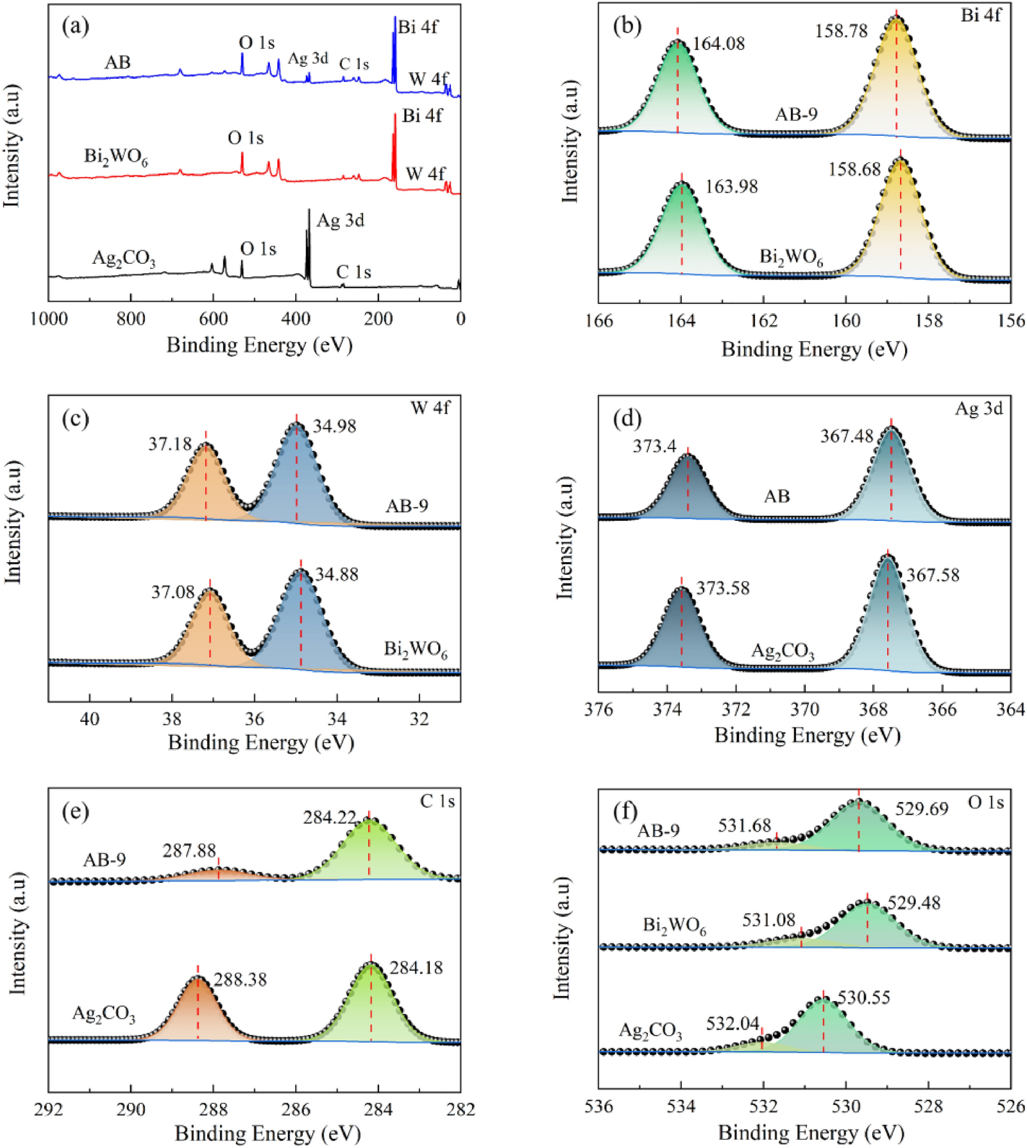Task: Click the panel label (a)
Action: click(x=75, y=26)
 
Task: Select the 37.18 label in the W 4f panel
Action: click(x=169, y=444)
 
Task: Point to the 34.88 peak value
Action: click(x=337, y=574)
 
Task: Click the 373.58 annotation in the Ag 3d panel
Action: click(x=723, y=588)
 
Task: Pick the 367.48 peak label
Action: click(x=847, y=436)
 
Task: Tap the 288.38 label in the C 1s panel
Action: click(x=240, y=980)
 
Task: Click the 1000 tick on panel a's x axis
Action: click(x=48, y=318)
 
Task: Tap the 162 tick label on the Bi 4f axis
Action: click(x=763, y=321)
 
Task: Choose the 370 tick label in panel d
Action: click(x=804, y=709)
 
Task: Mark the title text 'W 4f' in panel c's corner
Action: click(x=430, y=408)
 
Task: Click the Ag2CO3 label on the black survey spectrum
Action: click(x=124, y=258)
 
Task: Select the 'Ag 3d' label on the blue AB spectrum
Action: click(x=308, y=58)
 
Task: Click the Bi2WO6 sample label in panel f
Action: click(x=674, y=925)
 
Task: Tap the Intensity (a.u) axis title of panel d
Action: click(x=564, y=538)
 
